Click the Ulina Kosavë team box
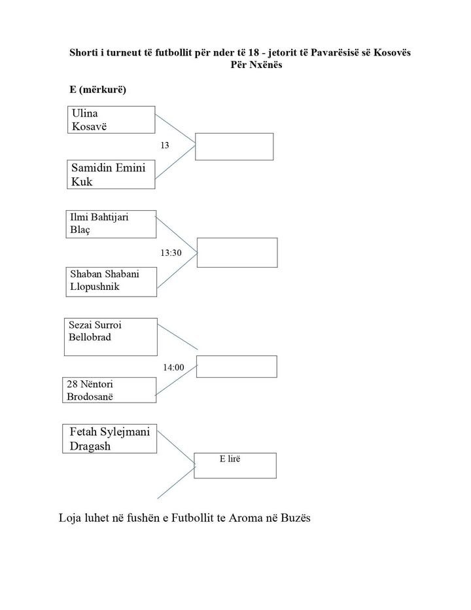(111, 119)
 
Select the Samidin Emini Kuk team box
(111, 175)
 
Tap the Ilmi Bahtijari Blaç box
(112, 224)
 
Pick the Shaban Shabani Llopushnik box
(112, 279)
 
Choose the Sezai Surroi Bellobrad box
(111, 336)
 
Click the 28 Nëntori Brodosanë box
(110, 390)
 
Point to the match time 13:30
(171, 252)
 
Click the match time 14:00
(173, 368)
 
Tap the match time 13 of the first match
(164, 145)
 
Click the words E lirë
(230, 459)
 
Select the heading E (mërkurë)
(97, 90)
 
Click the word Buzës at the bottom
(296, 518)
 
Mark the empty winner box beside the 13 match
(234, 146)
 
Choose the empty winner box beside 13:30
(237, 252)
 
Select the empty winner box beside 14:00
(236, 367)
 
